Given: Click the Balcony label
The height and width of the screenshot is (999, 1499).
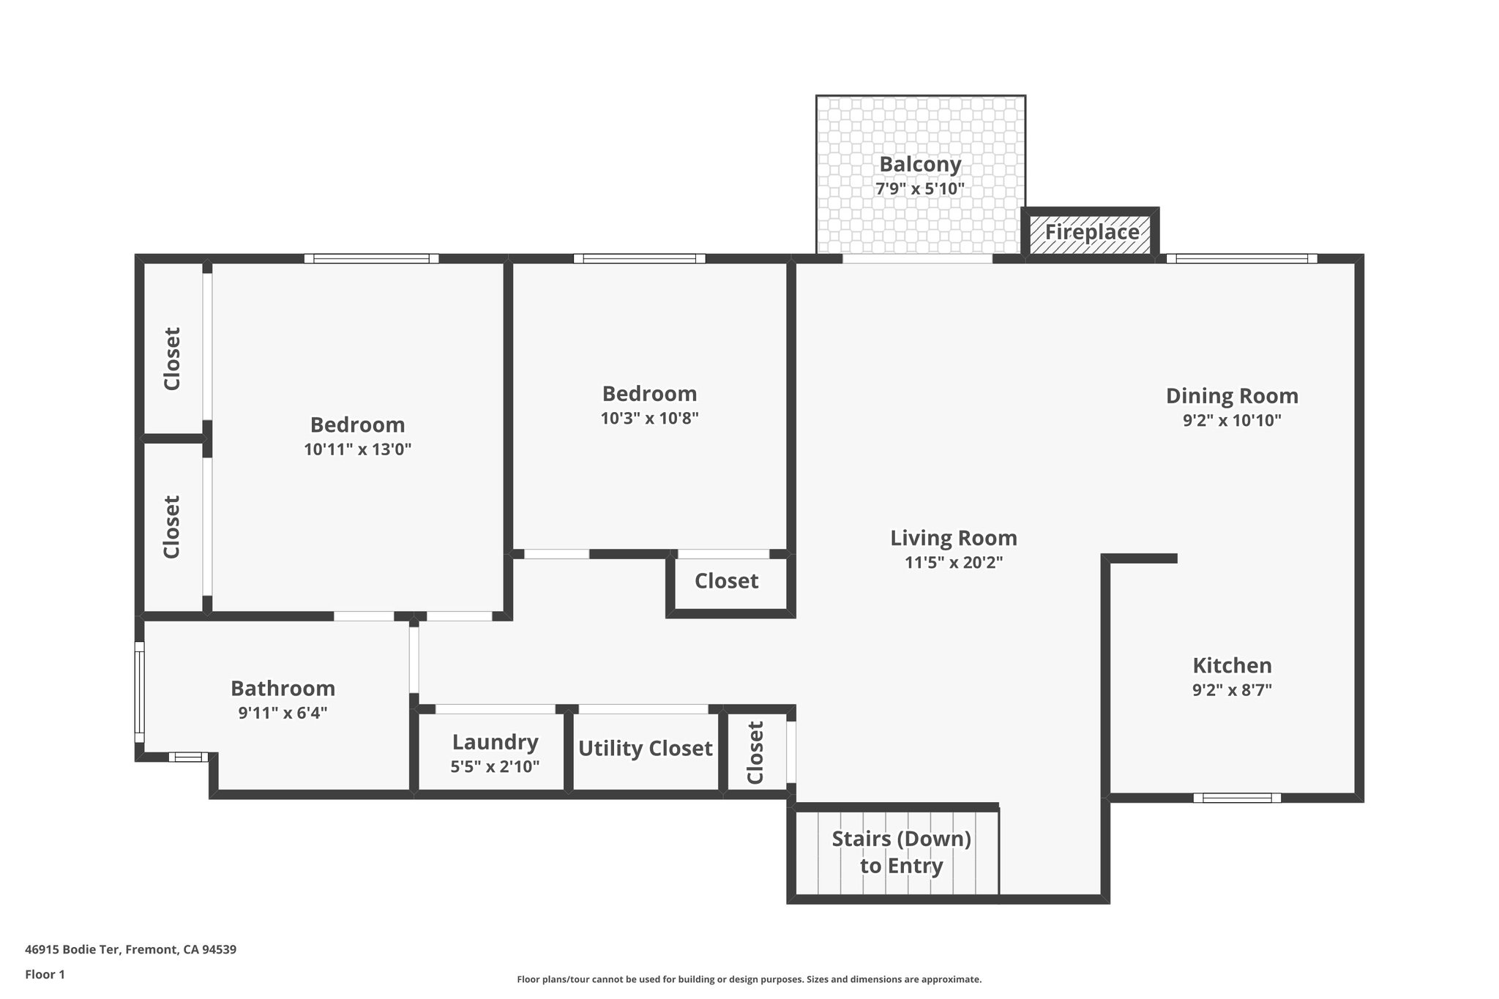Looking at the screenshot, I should (x=920, y=164).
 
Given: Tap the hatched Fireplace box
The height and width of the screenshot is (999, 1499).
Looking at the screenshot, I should (x=1091, y=233).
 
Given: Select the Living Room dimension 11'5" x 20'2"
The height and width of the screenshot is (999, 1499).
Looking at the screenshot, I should (x=953, y=563).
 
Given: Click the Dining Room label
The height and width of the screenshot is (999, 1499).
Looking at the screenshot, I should (x=1232, y=396).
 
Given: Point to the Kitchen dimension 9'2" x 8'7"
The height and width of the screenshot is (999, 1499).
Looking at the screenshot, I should (x=1232, y=690).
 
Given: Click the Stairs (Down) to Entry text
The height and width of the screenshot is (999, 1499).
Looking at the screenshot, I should (x=901, y=852).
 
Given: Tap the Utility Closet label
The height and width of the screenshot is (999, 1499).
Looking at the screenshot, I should (x=645, y=749).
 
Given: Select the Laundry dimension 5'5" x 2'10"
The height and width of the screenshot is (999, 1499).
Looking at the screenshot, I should (x=495, y=767).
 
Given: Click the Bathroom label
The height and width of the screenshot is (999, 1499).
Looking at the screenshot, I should (x=283, y=689).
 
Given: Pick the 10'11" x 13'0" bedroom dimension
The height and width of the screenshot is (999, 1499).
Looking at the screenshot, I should (x=357, y=449).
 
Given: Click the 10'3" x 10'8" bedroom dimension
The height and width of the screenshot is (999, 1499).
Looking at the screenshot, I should (x=649, y=419).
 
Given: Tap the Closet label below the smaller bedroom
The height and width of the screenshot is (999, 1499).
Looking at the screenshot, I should (x=726, y=581).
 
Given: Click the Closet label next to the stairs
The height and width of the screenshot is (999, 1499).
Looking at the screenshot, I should (x=755, y=752).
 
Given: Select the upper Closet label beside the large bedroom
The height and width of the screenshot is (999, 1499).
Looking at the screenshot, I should (x=172, y=359).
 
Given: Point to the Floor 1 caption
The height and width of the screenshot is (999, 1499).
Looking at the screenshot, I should (x=45, y=974).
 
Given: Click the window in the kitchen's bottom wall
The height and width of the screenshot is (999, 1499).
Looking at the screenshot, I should (x=1237, y=798).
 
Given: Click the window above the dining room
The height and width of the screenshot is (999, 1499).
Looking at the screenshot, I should (x=1241, y=258).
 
